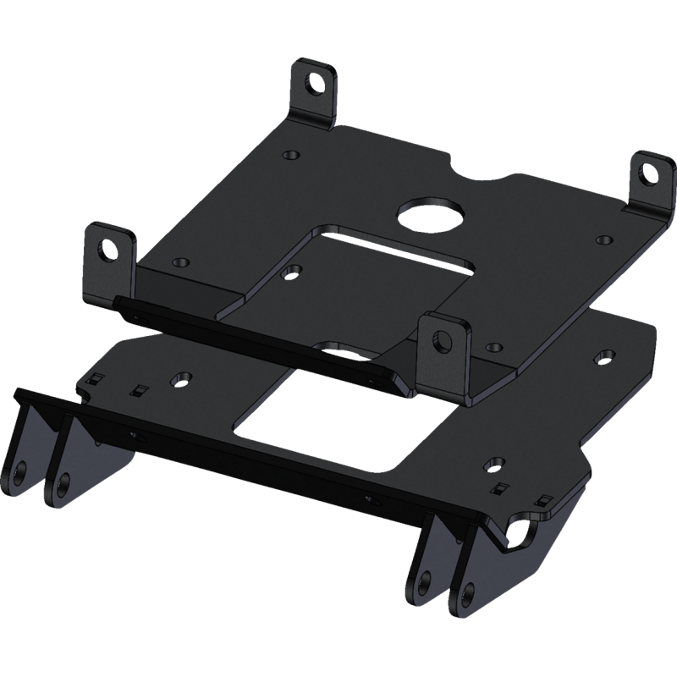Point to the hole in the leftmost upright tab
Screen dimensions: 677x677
pos(107,249)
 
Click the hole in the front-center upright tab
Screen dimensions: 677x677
pos(442,341)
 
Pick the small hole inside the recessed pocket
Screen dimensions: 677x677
pos(294,272)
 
